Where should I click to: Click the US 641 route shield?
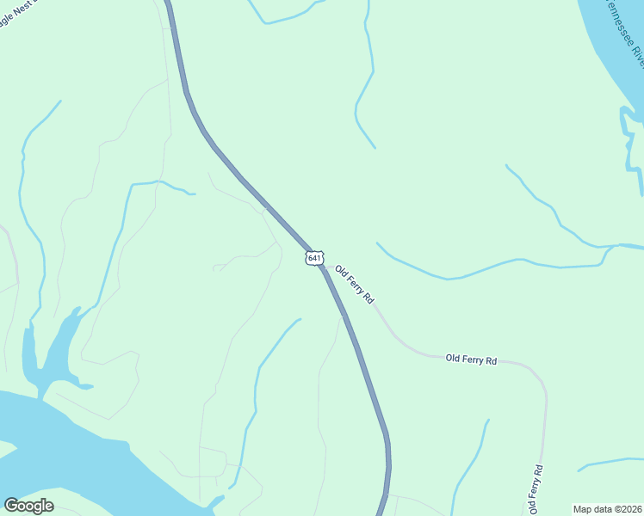(314, 258)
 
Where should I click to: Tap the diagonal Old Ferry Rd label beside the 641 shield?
(355, 284)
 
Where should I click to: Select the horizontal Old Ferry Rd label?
(471, 359)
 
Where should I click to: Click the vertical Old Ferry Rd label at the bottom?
(536, 489)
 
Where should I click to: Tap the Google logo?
(28, 506)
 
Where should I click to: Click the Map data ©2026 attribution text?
(608, 509)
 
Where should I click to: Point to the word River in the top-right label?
(635, 53)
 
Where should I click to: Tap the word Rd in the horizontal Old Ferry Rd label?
(492, 361)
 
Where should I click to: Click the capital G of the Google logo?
(11, 506)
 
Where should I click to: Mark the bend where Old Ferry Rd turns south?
(541, 378)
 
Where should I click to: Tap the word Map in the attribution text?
(583, 509)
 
